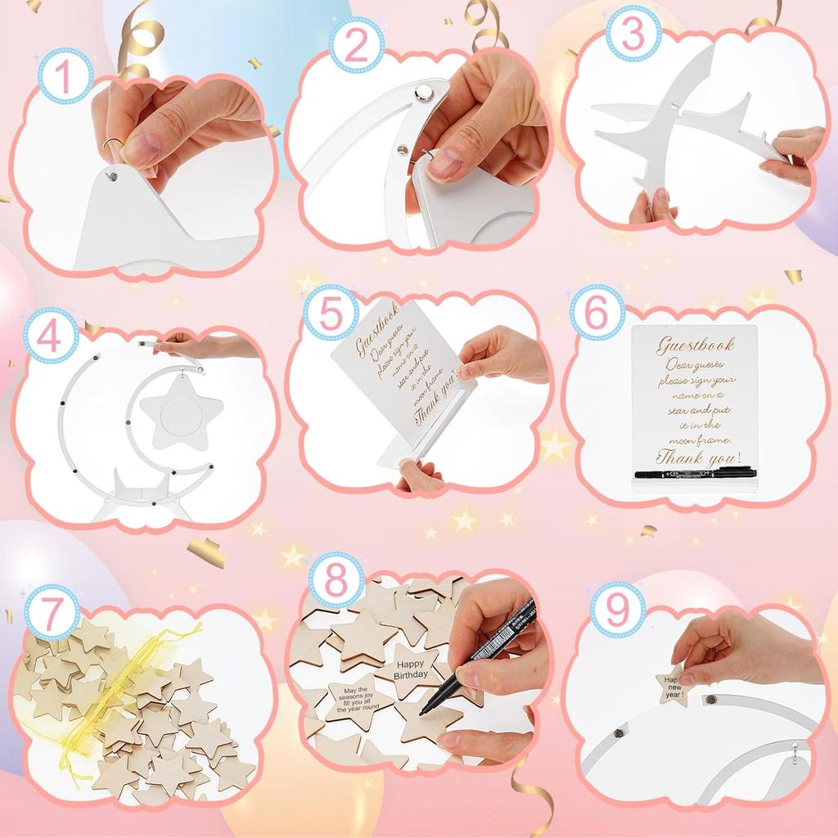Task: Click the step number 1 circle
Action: click(65, 76)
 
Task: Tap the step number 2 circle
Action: click(357, 47)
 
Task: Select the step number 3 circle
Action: click(633, 34)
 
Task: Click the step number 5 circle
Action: click(331, 314)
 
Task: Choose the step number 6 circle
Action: click(597, 313)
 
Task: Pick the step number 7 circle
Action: click(52, 613)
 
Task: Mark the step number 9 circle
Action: click(618, 610)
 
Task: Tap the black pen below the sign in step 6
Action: click(695, 473)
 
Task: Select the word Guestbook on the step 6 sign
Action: click(696, 345)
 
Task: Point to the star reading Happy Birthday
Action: click(411, 669)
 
